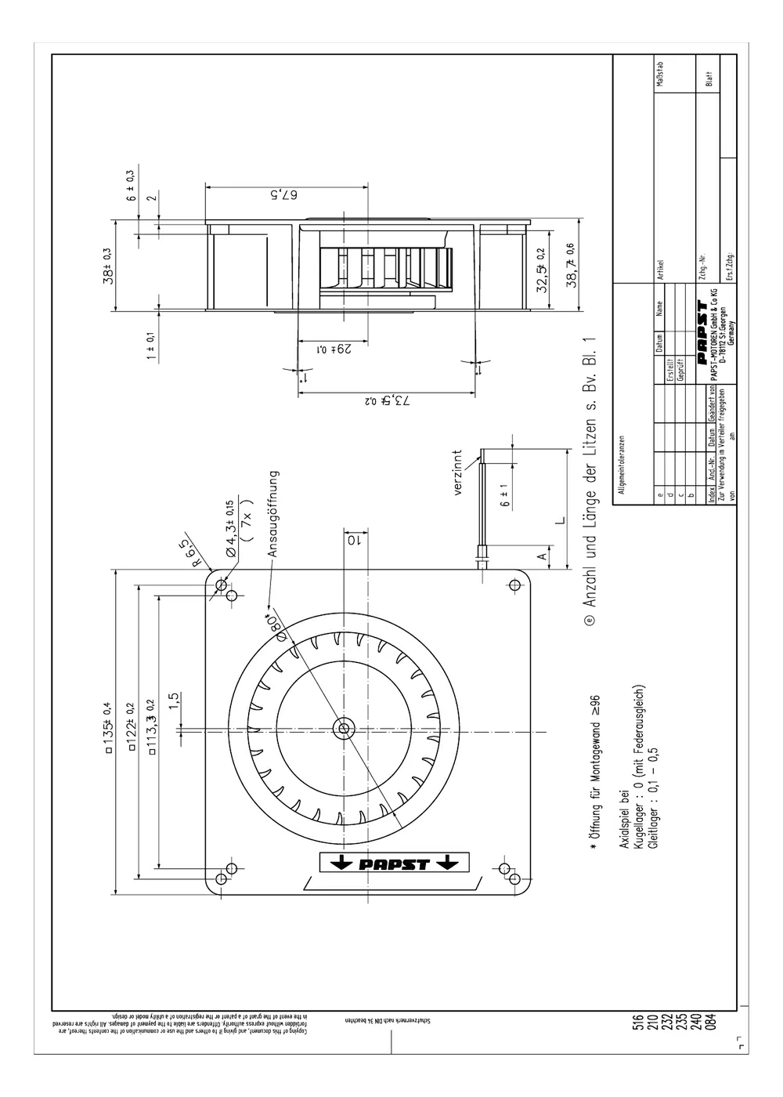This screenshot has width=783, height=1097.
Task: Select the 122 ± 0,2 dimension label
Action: [131, 728]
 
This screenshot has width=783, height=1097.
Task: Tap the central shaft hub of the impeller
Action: [343, 728]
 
